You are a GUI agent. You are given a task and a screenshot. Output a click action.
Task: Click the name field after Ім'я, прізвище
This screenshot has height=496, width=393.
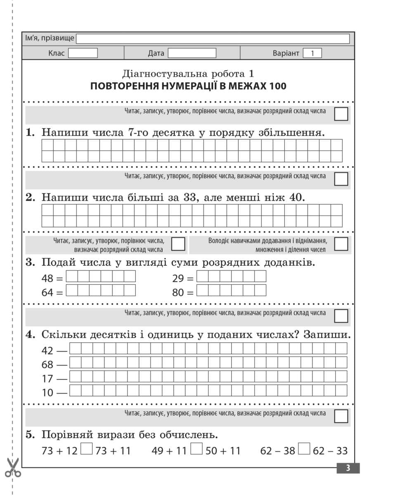pyautogui.click(x=213, y=39)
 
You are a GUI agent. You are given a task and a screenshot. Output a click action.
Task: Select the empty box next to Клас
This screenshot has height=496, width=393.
pyautogui.click(x=83, y=53)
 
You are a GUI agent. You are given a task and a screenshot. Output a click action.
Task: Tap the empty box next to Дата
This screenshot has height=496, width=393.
pyautogui.click(x=192, y=53)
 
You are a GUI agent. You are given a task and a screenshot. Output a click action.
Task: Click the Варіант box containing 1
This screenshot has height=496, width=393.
pyautogui.click(x=312, y=53)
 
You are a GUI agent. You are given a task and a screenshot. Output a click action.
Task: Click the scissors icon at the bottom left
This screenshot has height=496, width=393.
pyautogui.click(x=14, y=467)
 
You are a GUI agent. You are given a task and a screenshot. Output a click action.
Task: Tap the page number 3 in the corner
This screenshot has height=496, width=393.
pyautogui.click(x=348, y=468)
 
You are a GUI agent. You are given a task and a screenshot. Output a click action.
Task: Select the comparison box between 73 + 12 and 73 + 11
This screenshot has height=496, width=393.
pyautogui.click(x=86, y=449)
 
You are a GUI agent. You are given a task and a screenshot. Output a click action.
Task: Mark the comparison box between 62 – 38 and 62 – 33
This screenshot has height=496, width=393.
pyautogui.click(x=304, y=449)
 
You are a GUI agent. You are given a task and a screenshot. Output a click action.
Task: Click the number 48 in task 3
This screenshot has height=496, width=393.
pyautogui.click(x=47, y=279)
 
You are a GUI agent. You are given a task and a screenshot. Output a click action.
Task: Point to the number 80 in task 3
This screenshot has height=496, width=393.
pyautogui.click(x=178, y=293)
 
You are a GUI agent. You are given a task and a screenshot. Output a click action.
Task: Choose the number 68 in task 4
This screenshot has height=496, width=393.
pyautogui.click(x=48, y=365)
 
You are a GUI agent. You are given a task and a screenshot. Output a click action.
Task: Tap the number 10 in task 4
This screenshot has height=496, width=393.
pyautogui.click(x=48, y=393)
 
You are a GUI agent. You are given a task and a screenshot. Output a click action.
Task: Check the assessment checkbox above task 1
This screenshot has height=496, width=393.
pyautogui.click(x=341, y=114)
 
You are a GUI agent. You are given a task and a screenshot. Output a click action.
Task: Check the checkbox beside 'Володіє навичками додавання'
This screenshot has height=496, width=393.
pyautogui.click(x=341, y=244)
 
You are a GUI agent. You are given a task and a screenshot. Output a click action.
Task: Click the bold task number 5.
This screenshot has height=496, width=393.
pyautogui.click(x=29, y=435)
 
